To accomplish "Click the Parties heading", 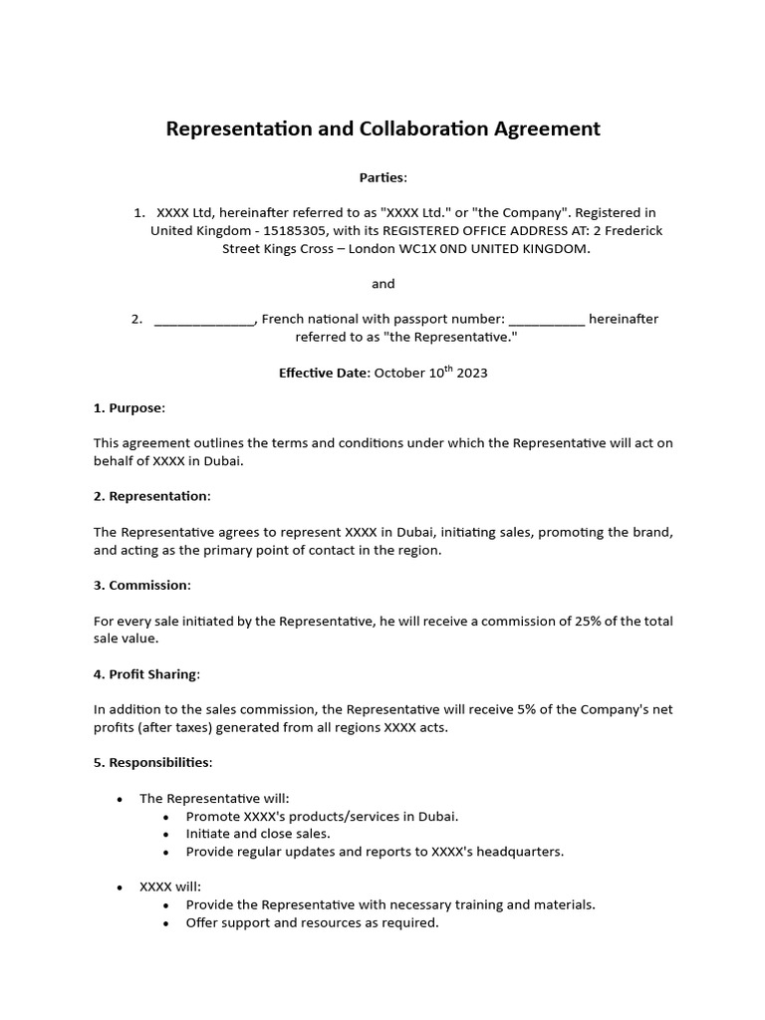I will pos(382,177).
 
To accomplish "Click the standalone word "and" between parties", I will pos(383,284).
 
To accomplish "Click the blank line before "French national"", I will pos(205,320).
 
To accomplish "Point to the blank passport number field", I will pos(547,320).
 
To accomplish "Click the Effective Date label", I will pos(324,374).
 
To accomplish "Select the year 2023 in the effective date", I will pos(472,374).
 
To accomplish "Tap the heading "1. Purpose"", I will pos(129,408).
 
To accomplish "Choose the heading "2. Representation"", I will pos(152,496).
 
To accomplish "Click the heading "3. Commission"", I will pos(142,585).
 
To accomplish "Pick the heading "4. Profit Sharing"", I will pos(146,674).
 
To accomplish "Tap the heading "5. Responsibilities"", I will pos(152,763).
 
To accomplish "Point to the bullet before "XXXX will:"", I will pos(120,887).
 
